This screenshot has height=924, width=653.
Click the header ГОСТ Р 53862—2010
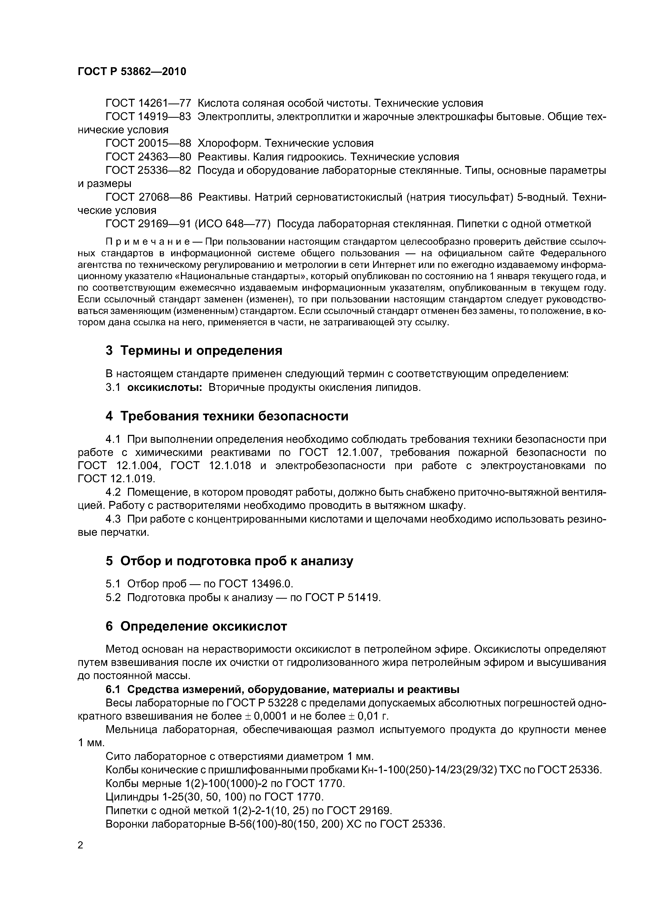click(x=132, y=72)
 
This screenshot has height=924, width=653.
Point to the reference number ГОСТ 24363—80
click(x=148, y=157)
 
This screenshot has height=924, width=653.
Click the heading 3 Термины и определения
click(x=194, y=351)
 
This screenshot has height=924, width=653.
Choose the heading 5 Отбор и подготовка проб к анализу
click(x=229, y=561)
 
